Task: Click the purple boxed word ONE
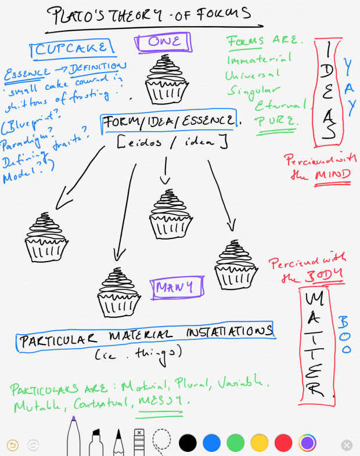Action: pyautogui.click(x=164, y=42)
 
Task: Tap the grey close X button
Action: pyautogui.click(x=347, y=445)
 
